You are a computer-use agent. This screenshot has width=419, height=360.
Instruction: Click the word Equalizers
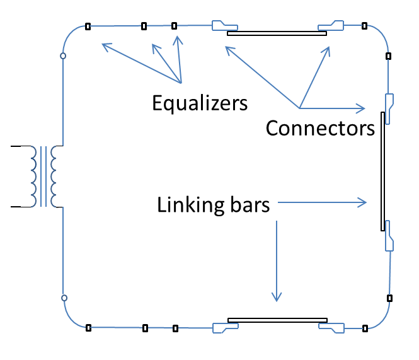pos(200,103)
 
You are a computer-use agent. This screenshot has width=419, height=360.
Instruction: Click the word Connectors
pos(320,128)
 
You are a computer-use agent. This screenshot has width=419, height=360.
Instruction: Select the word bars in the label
pos(250,205)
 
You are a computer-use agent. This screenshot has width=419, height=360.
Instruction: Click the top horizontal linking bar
pos(277,33)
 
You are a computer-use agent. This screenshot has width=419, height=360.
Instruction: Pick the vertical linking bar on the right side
pos(382,171)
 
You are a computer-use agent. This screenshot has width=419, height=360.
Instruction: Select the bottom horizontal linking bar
pos(277,320)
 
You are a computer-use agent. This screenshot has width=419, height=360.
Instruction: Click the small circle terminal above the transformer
pos(63,56)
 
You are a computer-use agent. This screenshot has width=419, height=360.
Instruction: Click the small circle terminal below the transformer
pos(64,298)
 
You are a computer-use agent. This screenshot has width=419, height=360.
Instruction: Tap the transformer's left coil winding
pos(33,177)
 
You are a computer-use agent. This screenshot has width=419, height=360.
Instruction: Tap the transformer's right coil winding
pos(54,177)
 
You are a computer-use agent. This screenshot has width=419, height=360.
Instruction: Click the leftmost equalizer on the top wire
pos(88,26)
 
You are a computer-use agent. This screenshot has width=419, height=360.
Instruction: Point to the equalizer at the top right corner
pos(364,26)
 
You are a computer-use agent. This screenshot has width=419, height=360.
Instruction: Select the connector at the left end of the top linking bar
pos(224,26)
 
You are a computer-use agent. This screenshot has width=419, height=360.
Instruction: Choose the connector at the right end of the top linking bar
pos(331,26)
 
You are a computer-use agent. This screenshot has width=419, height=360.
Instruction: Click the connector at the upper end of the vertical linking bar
pos(389,109)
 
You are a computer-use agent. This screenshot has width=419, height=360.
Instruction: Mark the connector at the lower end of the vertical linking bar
pos(389,236)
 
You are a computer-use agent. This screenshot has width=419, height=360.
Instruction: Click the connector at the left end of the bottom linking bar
pos(226,328)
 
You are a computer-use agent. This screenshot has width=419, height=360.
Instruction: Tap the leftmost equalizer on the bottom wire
pos(88,328)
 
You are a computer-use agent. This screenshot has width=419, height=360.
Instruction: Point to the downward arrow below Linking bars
pos(277,261)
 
